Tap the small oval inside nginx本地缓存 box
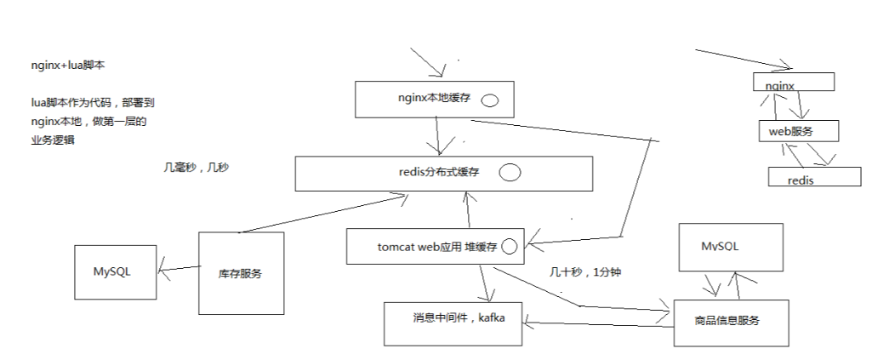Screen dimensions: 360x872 point(490,100)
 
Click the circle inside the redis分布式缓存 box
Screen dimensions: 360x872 point(509,173)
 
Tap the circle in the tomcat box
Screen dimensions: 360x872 point(510,247)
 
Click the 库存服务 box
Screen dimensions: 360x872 point(240,273)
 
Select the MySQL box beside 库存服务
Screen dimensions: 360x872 point(115,271)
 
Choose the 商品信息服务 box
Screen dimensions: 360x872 point(727,323)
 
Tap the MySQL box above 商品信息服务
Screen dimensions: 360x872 point(730,247)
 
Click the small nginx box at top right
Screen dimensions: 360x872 point(794,82)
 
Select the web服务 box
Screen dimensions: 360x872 point(798,130)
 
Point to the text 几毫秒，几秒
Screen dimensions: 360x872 point(196,167)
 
